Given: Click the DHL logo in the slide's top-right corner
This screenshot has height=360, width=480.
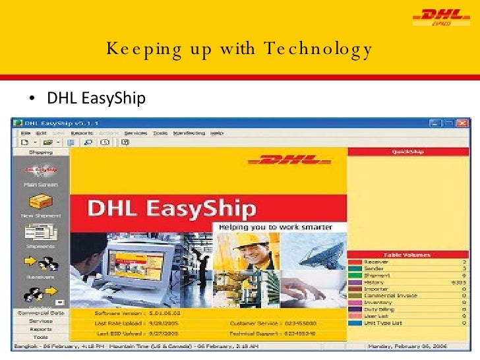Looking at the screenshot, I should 437,16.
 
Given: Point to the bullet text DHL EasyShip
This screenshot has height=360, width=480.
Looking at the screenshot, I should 96,99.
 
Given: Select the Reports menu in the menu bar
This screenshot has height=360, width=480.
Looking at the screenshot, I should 82,133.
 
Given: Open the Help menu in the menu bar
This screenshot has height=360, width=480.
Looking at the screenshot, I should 217,133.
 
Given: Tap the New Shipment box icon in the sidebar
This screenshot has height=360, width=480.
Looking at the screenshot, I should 41,203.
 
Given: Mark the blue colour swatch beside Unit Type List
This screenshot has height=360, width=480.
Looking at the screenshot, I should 355,323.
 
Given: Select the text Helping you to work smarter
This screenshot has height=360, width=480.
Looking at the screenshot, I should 272,227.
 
